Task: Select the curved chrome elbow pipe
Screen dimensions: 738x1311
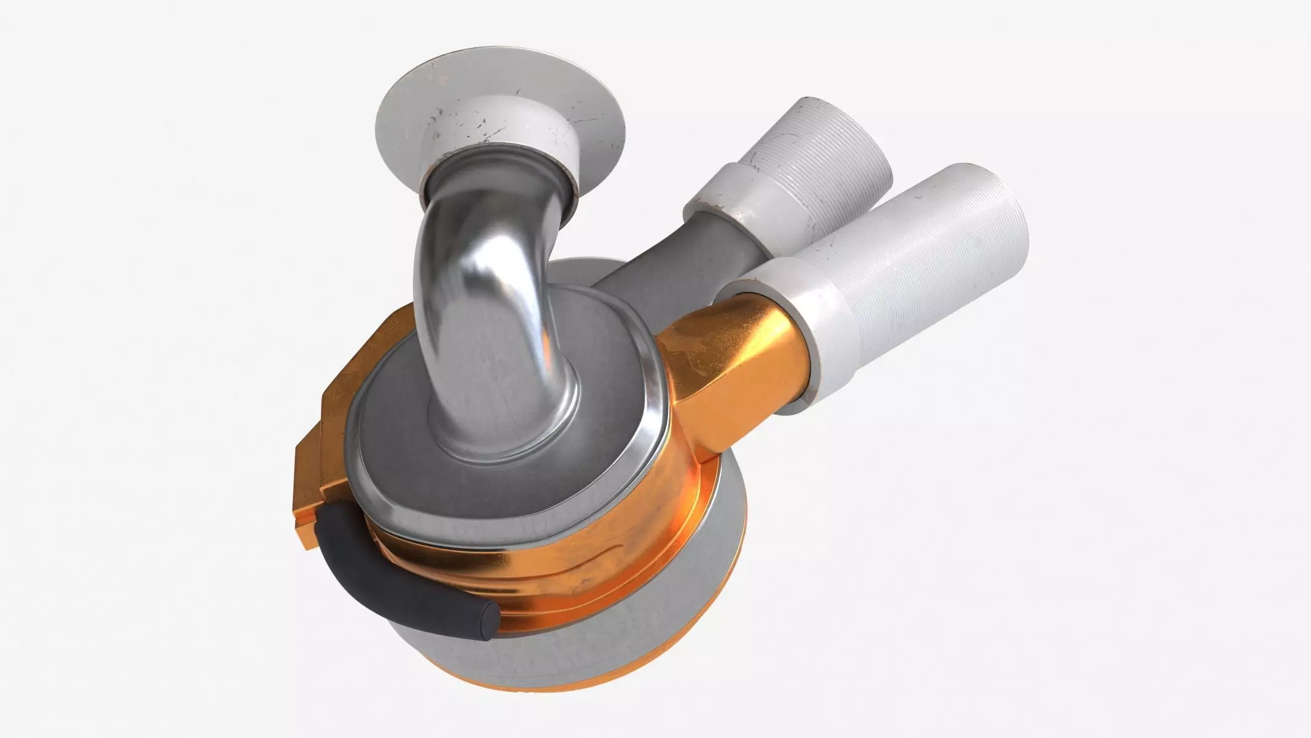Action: coord(467,277)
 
